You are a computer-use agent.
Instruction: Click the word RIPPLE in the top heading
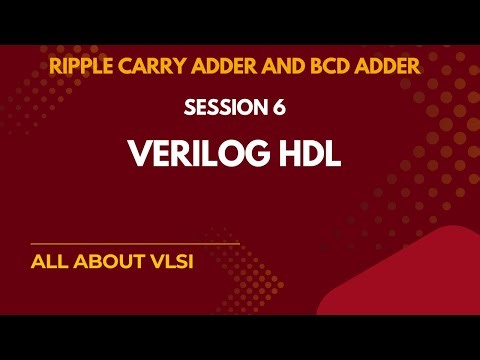click(77, 67)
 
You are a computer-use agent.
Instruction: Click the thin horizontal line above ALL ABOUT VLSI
click(135, 244)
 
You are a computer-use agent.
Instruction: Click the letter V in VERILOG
click(137, 154)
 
